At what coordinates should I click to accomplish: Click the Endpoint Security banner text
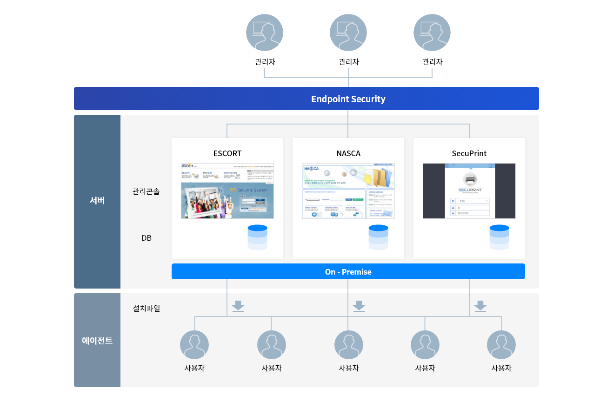[x=348, y=99]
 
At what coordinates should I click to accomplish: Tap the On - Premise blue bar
[x=348, y=272]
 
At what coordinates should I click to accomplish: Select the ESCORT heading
[x=227, y=153]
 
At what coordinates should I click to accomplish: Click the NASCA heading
[x=348, y=153]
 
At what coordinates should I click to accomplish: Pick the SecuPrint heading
[x=469, y=153]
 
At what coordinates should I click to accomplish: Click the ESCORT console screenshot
[x=227, y=191]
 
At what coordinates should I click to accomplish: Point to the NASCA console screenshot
[x=348, y=191]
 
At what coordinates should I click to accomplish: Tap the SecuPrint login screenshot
[x=469, y=191]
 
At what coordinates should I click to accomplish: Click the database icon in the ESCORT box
[x=257, y=237]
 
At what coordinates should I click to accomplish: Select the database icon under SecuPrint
[x=499, y=237]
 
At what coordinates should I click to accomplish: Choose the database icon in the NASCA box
[x=378, y=237]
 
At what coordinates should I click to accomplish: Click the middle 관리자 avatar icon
[x=348, y=33]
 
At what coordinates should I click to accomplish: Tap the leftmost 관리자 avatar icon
[x=264, y=33]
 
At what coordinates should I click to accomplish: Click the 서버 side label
[x=97, y=201]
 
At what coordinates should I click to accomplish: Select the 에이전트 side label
[x=97, y=340]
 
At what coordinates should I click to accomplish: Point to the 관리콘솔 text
[x=146, y=191]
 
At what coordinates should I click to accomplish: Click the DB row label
[x=147, y=238]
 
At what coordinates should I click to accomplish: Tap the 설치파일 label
[x=147, y=308]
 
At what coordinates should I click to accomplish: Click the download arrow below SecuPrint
[x=480, y=306]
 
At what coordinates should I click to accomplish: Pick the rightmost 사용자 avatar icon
[x=501, y=345]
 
